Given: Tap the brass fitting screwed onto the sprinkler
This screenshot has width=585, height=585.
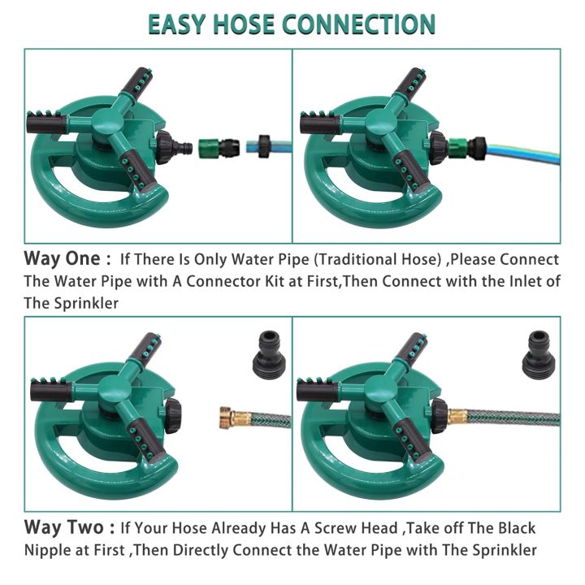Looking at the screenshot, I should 460,415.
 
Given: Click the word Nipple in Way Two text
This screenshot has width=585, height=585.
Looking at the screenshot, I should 50,550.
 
